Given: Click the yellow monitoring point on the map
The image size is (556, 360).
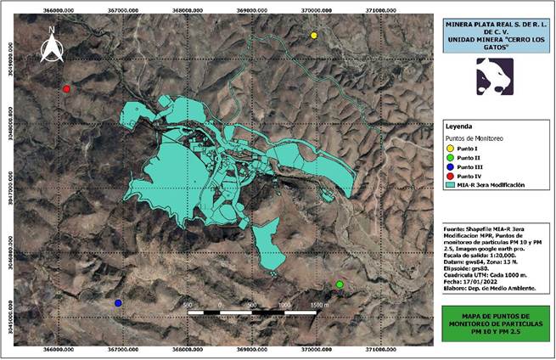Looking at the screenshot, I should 313,36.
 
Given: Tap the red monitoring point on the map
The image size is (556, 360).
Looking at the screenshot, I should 66,88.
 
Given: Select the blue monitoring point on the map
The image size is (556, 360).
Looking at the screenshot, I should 118,302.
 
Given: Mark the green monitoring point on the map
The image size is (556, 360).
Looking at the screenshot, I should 340,284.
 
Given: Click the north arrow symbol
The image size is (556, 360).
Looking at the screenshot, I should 52,47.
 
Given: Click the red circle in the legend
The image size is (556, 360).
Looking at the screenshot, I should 450,176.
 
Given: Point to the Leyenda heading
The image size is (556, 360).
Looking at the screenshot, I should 460,125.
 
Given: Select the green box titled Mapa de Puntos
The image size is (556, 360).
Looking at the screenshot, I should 495,323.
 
